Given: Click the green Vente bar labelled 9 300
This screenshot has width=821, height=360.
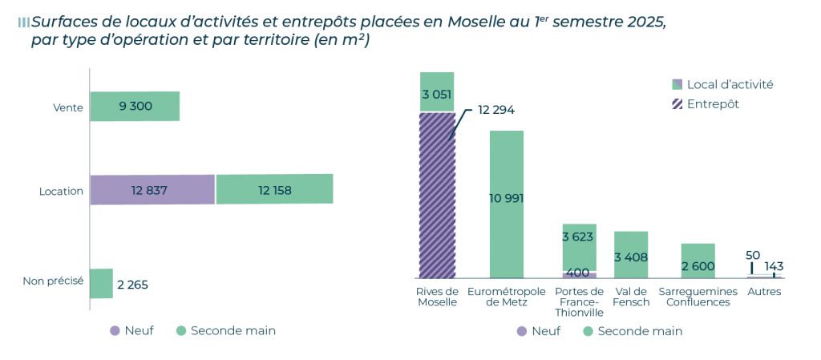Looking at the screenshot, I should (135, 106).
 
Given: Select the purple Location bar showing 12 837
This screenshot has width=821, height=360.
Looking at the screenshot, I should (152, 190).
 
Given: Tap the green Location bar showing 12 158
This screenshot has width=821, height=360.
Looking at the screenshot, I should (274, 190).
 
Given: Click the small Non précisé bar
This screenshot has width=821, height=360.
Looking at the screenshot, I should (101, 284).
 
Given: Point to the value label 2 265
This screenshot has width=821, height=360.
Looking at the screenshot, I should (132, 285).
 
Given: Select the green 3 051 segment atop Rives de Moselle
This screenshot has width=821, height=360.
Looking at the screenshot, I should (437, 92).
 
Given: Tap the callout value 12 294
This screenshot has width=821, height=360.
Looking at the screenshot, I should (496, 110).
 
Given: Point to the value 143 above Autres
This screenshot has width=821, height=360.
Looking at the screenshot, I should (774, 266).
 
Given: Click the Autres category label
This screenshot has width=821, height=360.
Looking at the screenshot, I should (764, 292).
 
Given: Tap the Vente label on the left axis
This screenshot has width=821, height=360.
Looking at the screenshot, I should (68, 107).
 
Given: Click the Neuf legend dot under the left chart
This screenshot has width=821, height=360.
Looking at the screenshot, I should (115, 330).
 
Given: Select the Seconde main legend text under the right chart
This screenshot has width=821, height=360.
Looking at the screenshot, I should (640, 330).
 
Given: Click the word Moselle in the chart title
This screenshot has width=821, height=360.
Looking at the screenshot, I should (477, 22).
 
